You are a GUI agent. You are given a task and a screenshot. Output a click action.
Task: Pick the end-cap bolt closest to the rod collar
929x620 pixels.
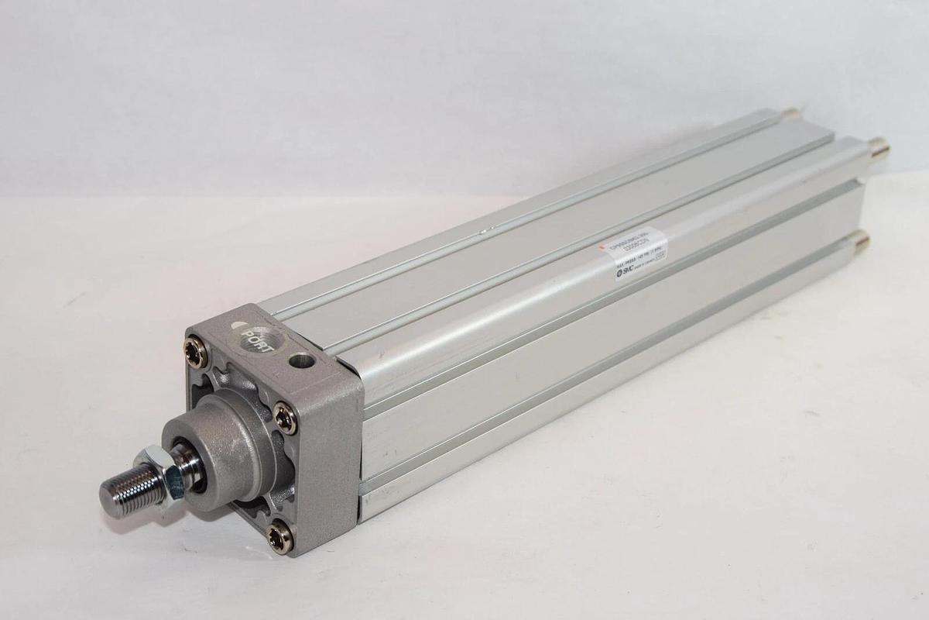[x=286, y=419]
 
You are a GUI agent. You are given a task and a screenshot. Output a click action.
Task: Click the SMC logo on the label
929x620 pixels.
[x=626, y=270]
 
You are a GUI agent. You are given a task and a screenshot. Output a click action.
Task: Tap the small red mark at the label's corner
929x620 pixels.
[x=603, y=247]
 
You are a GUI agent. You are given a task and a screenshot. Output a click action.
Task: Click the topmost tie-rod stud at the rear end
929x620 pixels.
[x=791, y=113]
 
